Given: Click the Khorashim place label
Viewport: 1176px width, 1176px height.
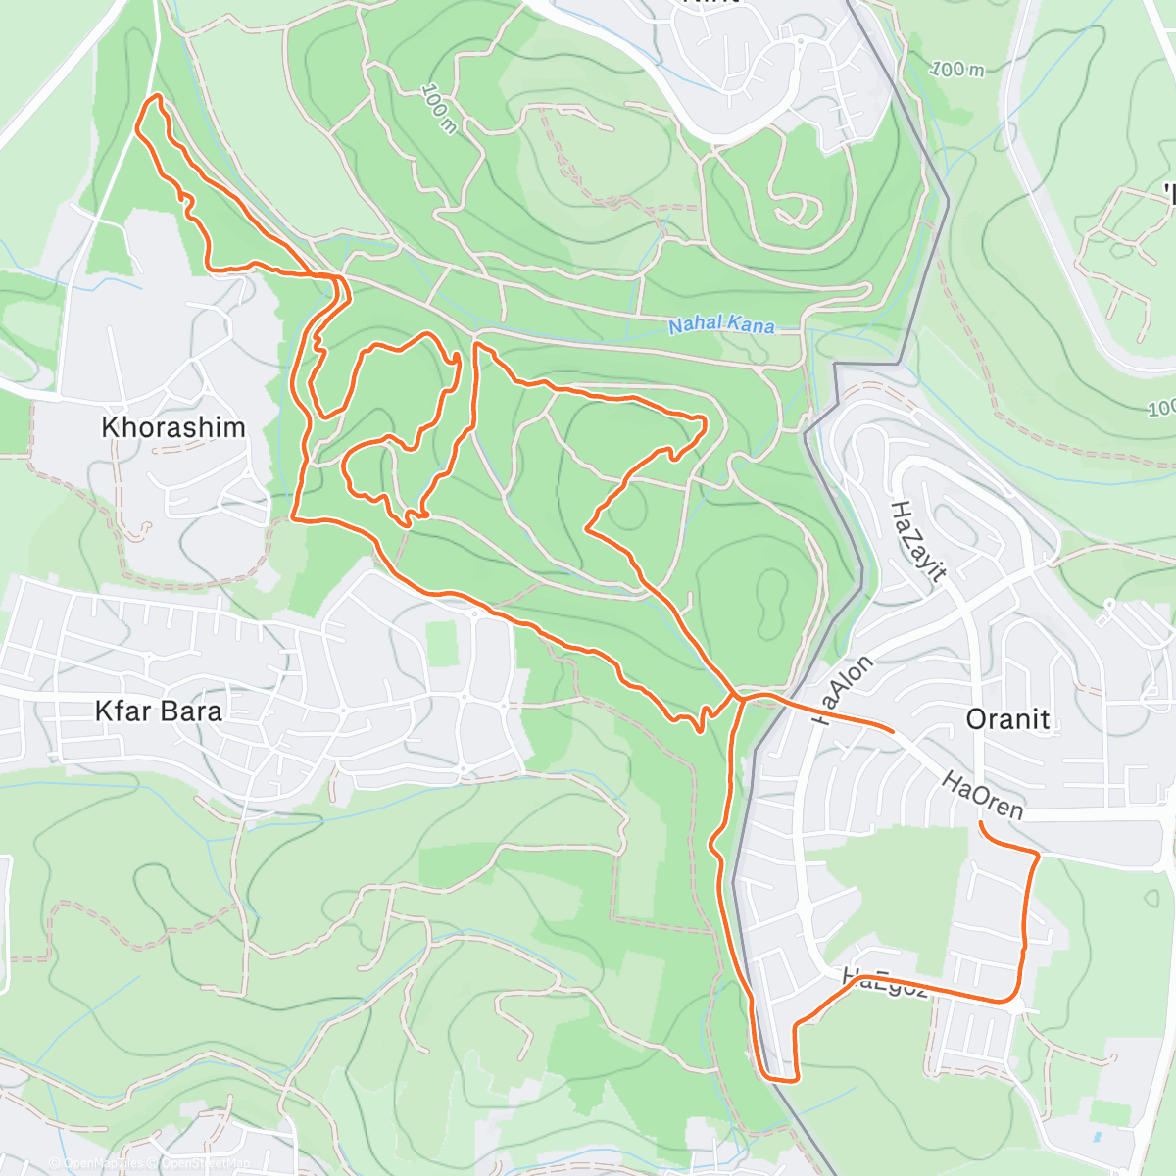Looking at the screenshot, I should (x=173, y=427).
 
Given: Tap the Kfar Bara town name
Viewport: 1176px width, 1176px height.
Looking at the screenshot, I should (x=159, y=710).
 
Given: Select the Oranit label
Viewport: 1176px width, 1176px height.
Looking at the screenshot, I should (x=1007, y=719).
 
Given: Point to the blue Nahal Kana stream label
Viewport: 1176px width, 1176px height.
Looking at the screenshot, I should (x=721, y=324).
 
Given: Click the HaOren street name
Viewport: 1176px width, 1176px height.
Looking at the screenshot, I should (x=983, y=795).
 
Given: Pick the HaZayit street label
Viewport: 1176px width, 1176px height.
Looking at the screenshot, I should (x=917, y=541).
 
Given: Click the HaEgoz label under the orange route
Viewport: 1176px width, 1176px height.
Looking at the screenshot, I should (x=885, y=981).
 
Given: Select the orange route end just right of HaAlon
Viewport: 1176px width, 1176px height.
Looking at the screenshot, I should (x=892, y=731).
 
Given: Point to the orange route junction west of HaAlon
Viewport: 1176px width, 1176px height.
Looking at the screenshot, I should (x=736, y=695).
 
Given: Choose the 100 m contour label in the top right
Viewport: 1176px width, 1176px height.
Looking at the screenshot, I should (x=956, y=69).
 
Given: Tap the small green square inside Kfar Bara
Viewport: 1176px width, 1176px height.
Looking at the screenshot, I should (x=443, y=643).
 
